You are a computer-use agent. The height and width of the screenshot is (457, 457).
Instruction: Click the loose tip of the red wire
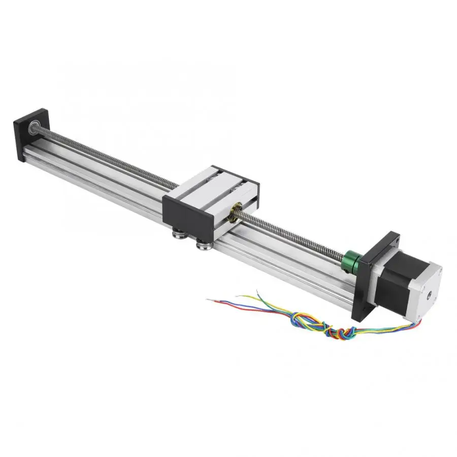[x=209, y=300]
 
